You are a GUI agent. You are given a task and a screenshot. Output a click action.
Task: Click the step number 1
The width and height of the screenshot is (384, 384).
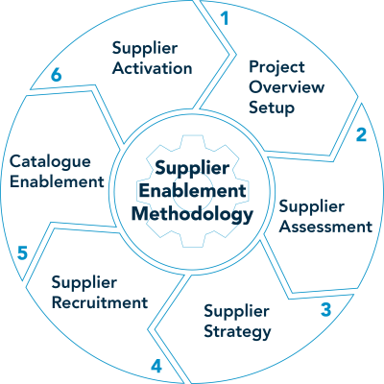click(226, 18)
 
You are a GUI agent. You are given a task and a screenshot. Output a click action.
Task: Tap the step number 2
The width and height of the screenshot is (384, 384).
click(361, 134)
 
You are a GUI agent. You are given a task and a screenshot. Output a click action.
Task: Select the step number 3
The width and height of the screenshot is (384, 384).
click(325, 309)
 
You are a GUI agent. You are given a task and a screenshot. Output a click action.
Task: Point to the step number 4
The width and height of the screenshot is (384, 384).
click(156, 366)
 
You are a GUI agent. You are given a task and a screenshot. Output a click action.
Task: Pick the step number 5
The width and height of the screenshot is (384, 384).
click(22, 252)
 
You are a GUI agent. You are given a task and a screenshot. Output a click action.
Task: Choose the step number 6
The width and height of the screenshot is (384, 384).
click(56, 75)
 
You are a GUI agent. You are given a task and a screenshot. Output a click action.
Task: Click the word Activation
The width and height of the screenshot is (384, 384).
click(153, 68)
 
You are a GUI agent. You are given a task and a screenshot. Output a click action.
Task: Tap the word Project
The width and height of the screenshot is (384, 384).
click(276, 68)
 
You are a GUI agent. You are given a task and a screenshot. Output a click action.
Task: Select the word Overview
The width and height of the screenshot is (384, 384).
click(287, 87)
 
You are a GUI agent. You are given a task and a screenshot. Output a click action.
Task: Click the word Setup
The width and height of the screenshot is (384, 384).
click(272, 108)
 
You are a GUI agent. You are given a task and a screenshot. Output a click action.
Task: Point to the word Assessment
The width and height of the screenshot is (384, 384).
click(325, 227)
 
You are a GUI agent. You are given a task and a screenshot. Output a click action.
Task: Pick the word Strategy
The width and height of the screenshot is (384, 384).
click(237, 332)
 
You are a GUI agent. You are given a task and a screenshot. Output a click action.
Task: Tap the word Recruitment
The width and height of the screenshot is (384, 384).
click(100, 302)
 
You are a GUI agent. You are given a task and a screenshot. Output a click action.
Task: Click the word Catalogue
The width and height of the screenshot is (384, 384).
click(50, 162)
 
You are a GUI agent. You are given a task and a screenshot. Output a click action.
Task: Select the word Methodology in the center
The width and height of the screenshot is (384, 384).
click(192, 214)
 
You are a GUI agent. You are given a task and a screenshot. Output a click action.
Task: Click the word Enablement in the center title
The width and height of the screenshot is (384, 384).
click(193, 191)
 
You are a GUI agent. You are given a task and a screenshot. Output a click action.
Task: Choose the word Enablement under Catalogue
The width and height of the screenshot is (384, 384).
click(57, 181)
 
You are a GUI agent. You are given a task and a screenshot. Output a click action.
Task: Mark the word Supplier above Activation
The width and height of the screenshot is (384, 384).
click(145, 49)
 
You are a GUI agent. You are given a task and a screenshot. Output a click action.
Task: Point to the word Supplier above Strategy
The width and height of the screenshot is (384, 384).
click(236, 312)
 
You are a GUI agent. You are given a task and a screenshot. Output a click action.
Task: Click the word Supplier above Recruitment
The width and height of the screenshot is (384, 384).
click(84, 283)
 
